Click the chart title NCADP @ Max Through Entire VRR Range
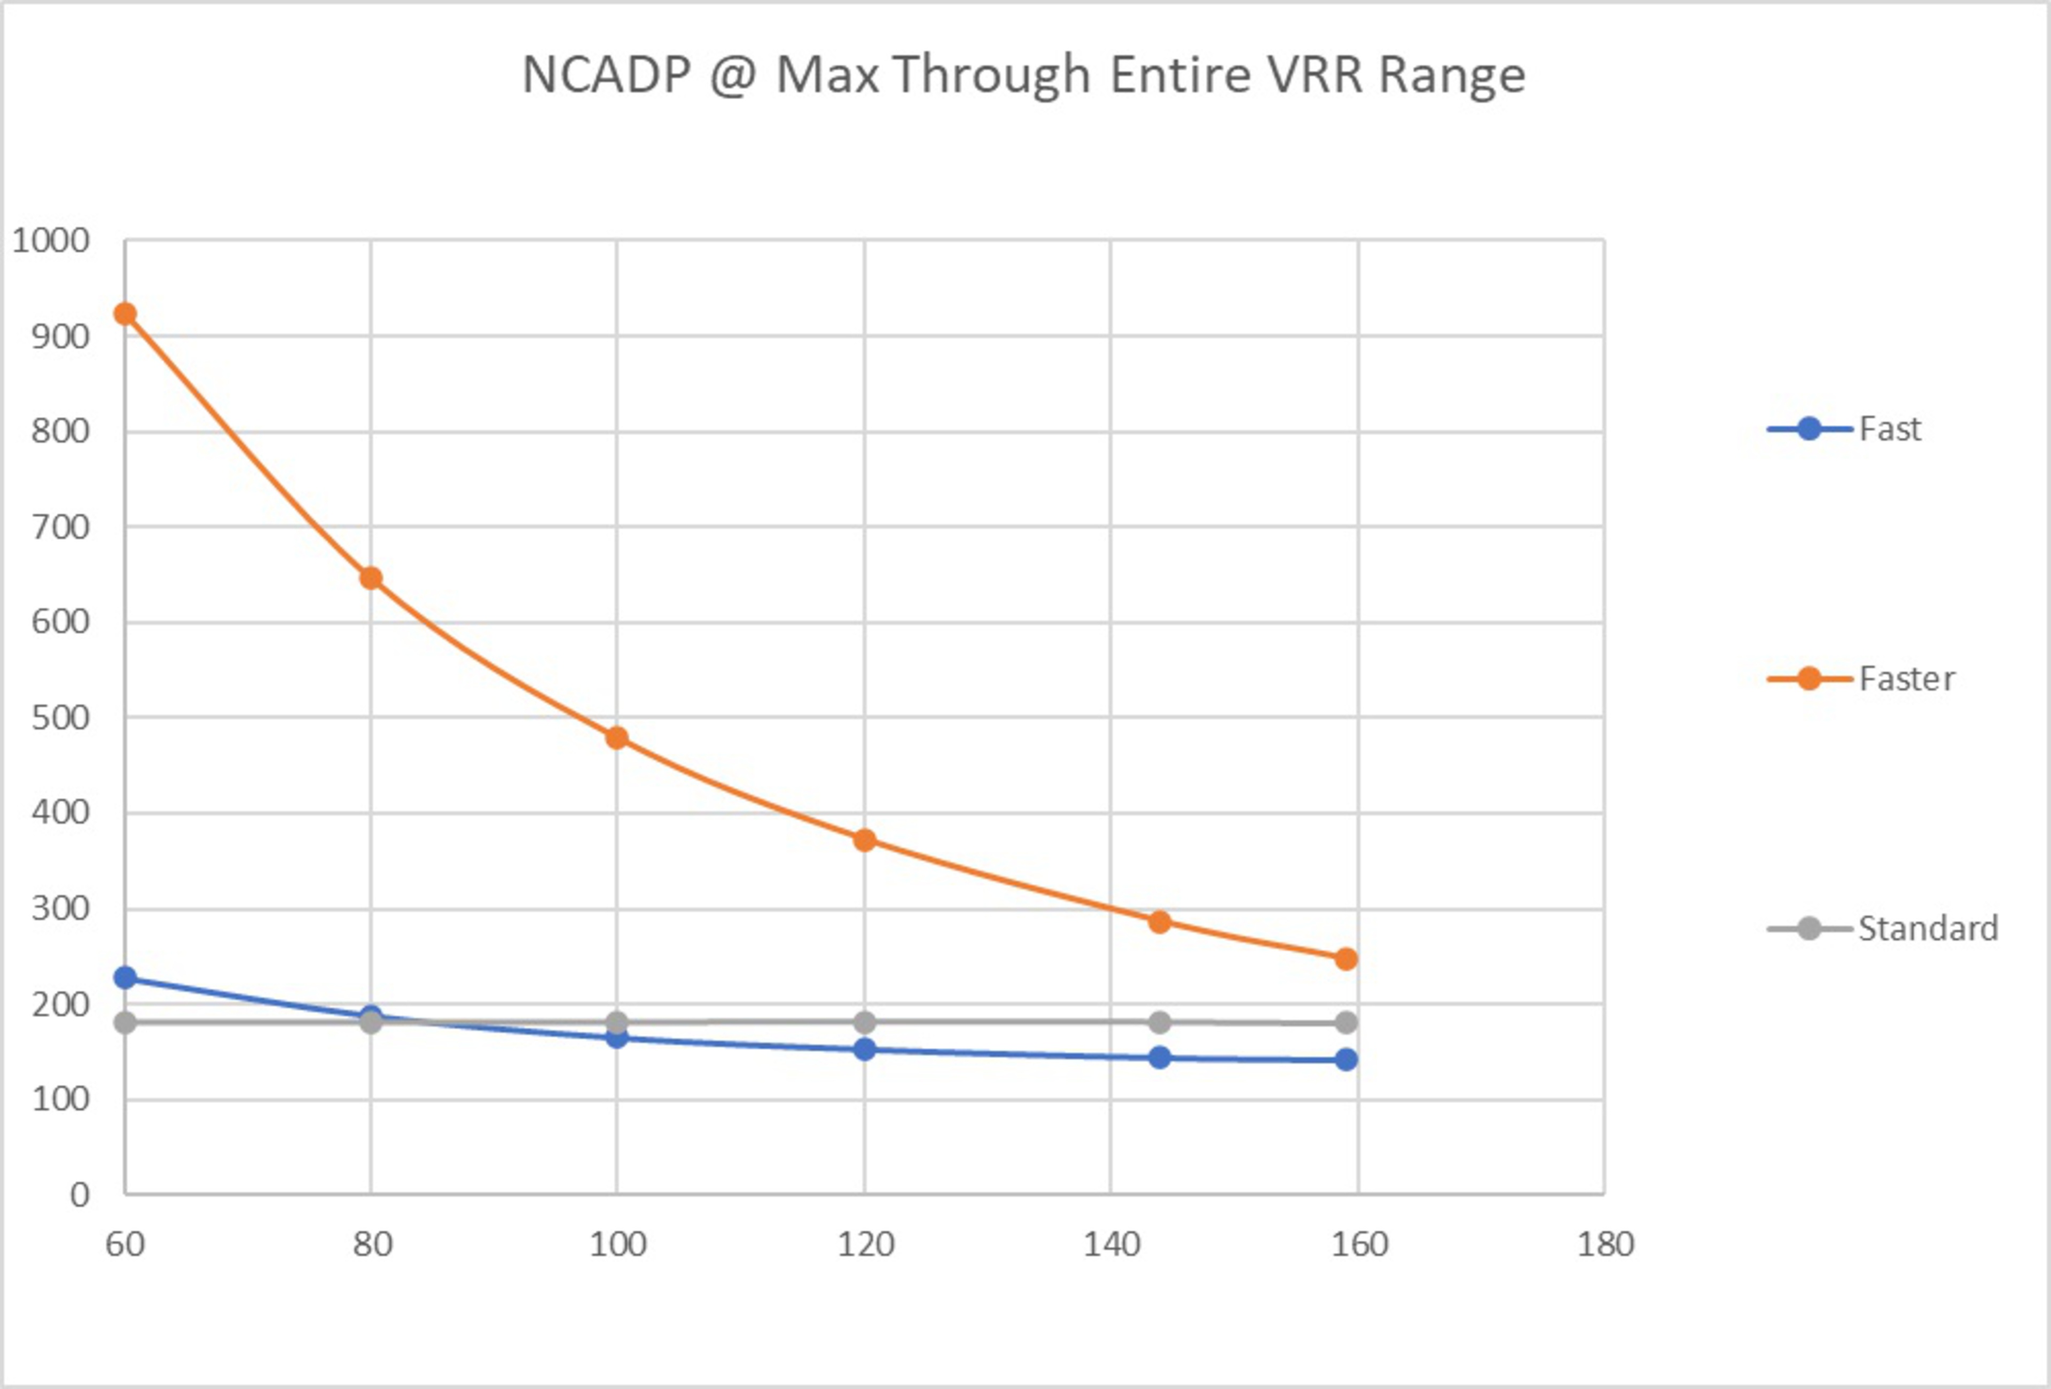tap(1024, 74)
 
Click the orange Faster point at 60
tap(126, 314)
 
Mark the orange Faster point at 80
tap(371, 578)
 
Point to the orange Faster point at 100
tap(617, 737)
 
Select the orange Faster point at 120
tap(865, 840)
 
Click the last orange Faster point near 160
tap(1346, 959)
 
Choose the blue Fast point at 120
tap(865, 1049)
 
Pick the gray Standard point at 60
tap(126, 1023)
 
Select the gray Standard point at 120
tap(865, 1023)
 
